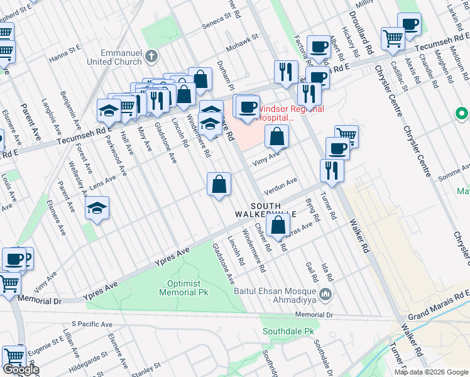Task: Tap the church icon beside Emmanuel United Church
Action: pos(151,57)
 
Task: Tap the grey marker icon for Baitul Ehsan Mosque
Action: pos(325,294)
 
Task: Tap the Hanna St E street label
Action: pos(65,50)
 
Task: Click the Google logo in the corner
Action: pos(21,370)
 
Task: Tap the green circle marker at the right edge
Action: pos(462,114)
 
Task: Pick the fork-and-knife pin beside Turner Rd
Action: pos(331,170)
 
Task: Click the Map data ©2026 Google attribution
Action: pos(431,372)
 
